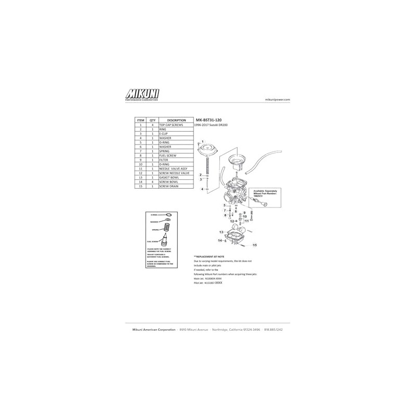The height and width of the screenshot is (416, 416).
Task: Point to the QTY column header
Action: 152,120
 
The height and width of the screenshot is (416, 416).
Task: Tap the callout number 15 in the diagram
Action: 255,244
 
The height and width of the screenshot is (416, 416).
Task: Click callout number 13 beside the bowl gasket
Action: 220,231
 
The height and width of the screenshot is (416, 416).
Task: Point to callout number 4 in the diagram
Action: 202,189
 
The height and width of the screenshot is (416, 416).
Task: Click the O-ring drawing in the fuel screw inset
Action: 168,215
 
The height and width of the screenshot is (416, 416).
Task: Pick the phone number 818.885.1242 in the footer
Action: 274,330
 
